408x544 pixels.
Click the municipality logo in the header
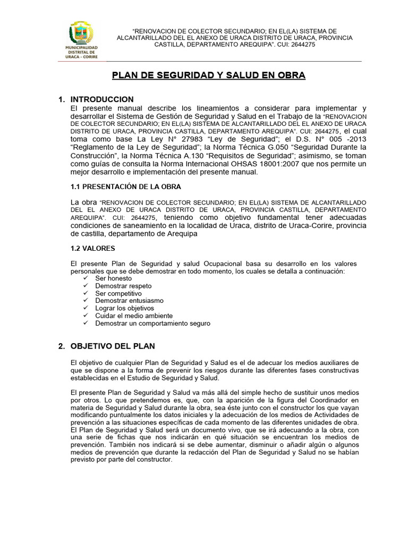(81, 39)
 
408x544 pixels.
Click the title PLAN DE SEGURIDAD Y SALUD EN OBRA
(208, 75)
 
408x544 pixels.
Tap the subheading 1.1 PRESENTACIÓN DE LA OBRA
(126, 186)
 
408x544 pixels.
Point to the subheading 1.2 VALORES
(92, 248)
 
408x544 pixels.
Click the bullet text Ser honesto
(113, 278)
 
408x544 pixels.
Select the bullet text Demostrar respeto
(123, 286)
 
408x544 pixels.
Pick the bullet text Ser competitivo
(118, 293)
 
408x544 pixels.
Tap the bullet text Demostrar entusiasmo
(130, 301)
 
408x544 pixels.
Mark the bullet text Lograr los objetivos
(124, 308)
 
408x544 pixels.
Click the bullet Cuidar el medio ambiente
(134, 316)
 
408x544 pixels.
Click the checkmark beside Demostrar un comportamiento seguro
(86, 323)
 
